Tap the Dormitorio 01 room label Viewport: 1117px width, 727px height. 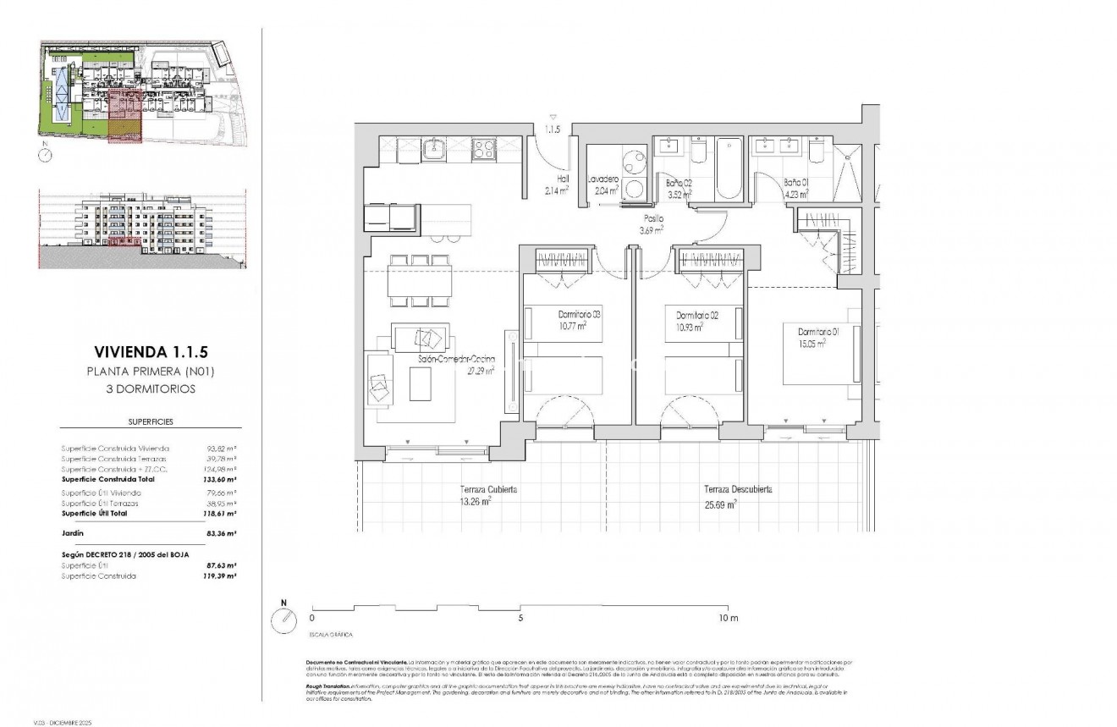click(812, 332)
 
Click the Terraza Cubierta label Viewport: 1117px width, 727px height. click(488, 489)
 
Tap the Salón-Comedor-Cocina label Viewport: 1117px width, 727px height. click(456, 360)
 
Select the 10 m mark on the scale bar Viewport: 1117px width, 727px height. click(728, 619)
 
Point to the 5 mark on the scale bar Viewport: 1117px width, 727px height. click(520, 619)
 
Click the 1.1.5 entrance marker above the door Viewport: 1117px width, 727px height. click(553, 130)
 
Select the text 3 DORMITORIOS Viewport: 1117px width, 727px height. click(141, 389)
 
